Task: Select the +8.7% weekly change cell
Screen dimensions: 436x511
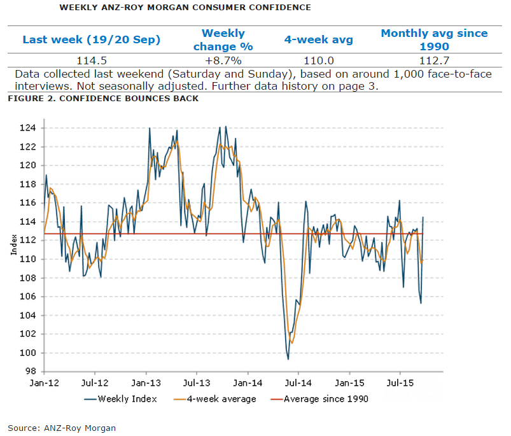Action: pos(223,60)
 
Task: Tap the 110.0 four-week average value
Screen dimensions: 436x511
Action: pos(318,60)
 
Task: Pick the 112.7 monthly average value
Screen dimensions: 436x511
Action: pos(434,60)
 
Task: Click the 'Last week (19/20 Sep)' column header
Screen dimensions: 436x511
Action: pos(91,39)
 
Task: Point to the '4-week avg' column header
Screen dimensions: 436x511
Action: pos(318,39)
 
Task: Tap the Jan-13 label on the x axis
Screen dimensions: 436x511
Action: pos(146,384)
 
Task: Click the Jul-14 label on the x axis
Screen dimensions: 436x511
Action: pos(298,384)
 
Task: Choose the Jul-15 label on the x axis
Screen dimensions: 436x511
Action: pos(400,384)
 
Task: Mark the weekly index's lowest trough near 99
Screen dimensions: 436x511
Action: pos(288,359)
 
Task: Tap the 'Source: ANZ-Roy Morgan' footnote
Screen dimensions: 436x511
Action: pos(62,428)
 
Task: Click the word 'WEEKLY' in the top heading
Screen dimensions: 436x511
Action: pos(78,8)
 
